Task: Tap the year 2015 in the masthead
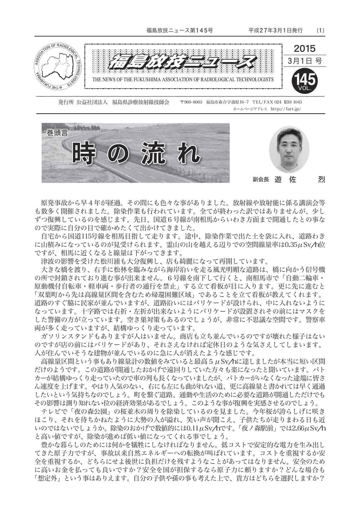tap(305, 48)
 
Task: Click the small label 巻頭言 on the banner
tap(57, 132)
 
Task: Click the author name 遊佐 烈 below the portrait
tap(299, 179)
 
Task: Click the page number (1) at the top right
tap(320, 30)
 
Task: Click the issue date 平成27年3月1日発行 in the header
tap(275, 30)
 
